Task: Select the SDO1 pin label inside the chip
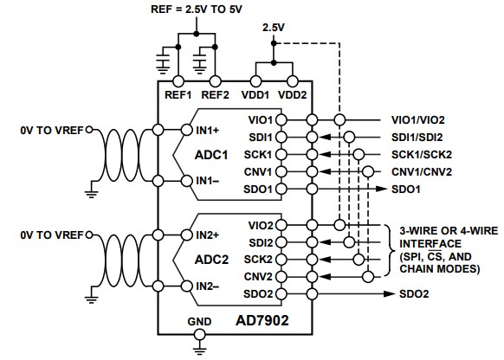(x=282, y=188)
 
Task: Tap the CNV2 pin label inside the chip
(x=282, y=276)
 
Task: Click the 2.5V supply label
(x=274, y=29)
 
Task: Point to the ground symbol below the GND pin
(x=200, y=348)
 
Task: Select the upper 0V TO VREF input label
(x=51, y=130)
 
